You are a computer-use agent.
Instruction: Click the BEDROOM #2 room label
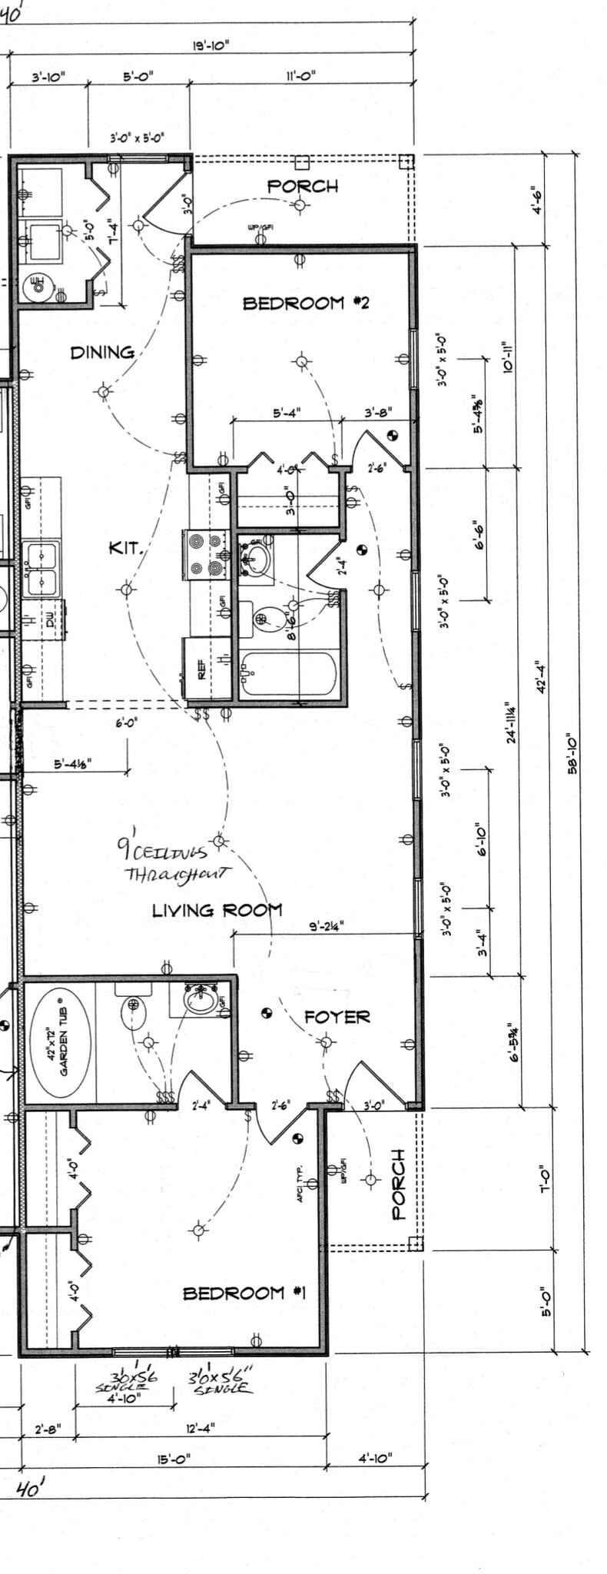pyautogui.click(x=305, y=304)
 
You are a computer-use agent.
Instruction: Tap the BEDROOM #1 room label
pyautogui.click(x=244, y=1293)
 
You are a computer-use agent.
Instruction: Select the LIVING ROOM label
pyautogui.click(x=217, y=911)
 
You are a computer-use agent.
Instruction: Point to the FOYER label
pyautogui.click(x=337, y=1017)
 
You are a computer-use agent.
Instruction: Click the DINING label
pyautogui.click(x=102, y=353)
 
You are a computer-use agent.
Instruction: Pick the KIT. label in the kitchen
pyautogui.click(x=125, y=548)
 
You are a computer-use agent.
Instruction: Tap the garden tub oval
pyautogui.click(x=60, y=1042)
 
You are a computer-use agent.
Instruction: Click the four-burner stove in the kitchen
pyautogui.click(x=207, y=554)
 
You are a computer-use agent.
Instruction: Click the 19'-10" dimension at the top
pyautogui.click(x=211, y=46)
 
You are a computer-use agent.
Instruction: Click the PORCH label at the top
pyautogui.click(x=302, y=186)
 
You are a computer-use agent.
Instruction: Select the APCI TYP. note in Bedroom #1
pyautogui.click(x=302, y=1183)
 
